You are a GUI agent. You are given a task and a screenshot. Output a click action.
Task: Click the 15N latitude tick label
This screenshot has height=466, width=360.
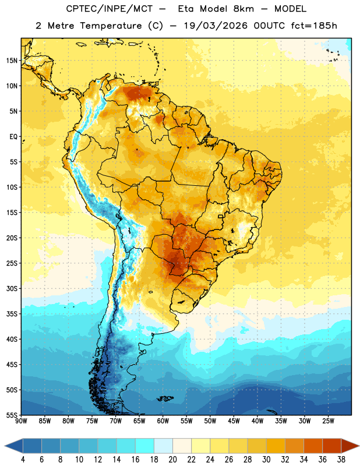pyautogui.click(x=12, y=61)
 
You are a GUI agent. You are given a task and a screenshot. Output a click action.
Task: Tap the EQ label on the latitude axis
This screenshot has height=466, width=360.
pyautogui.click(x=13, y=137)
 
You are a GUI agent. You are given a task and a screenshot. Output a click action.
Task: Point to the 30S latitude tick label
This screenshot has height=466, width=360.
pyautogui.click(x=12, y=288)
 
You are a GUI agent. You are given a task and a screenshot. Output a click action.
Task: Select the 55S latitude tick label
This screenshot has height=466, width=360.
pyautogui.click(x=12, y=415)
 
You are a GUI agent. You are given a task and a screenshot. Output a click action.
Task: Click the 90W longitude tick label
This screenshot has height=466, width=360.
pyautogui.click(x=21, y=421)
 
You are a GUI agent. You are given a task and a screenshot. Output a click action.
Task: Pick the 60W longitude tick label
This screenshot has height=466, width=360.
pyautogui.click(x=163, y=421)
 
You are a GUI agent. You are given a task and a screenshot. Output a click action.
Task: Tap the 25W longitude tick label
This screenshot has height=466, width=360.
pyautogui.click(x=328, y=421)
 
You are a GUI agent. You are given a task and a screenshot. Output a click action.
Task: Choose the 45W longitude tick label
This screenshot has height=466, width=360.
pyautogui.click(x=234, y=421)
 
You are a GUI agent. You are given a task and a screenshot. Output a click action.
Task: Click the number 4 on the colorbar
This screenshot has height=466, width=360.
pyautogui.click(x=23, y=460)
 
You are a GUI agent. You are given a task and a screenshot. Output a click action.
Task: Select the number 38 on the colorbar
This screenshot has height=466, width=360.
pyautogui.click(x=341, y=460)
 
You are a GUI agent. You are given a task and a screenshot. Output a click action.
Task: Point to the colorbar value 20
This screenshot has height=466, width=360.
pyautogui.click(x=172, y=460)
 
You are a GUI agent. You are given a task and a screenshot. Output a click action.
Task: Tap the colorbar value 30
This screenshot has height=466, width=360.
pyautogui.click(x=266, y=460)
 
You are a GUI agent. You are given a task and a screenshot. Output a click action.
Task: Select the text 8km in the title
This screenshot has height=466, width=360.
pyautogui.click(x=243, y=9)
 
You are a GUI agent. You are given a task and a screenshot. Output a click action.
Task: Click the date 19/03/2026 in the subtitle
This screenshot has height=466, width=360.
pyautogui.click(x=216, y=26)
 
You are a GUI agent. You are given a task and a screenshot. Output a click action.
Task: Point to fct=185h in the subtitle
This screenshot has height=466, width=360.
pyautogui.click(x=314, y=26)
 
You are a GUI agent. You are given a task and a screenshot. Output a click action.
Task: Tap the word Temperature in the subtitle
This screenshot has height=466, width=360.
pyautogui.click(x=111, y=26)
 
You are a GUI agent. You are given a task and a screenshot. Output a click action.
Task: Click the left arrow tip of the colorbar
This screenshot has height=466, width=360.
pyautogui.click(x=5, y=446)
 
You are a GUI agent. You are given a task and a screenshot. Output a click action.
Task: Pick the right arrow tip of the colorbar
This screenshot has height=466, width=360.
pyautogui.click(x=359, y=446)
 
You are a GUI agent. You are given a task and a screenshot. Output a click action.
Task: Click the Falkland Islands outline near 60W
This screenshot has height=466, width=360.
pyautogui.click(x=165, y=398)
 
